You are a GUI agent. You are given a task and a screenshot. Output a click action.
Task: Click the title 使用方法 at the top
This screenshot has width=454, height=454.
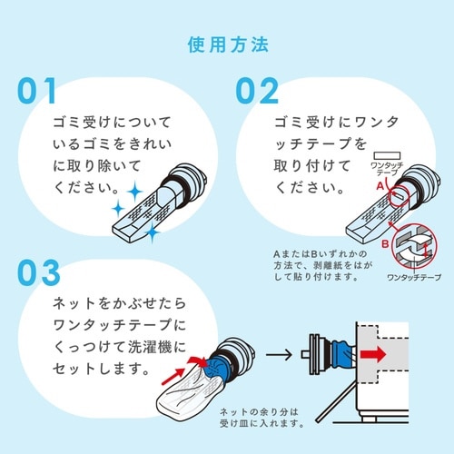coord(227,44)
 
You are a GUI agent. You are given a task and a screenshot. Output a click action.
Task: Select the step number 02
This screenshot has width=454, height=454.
coord(262,92)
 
